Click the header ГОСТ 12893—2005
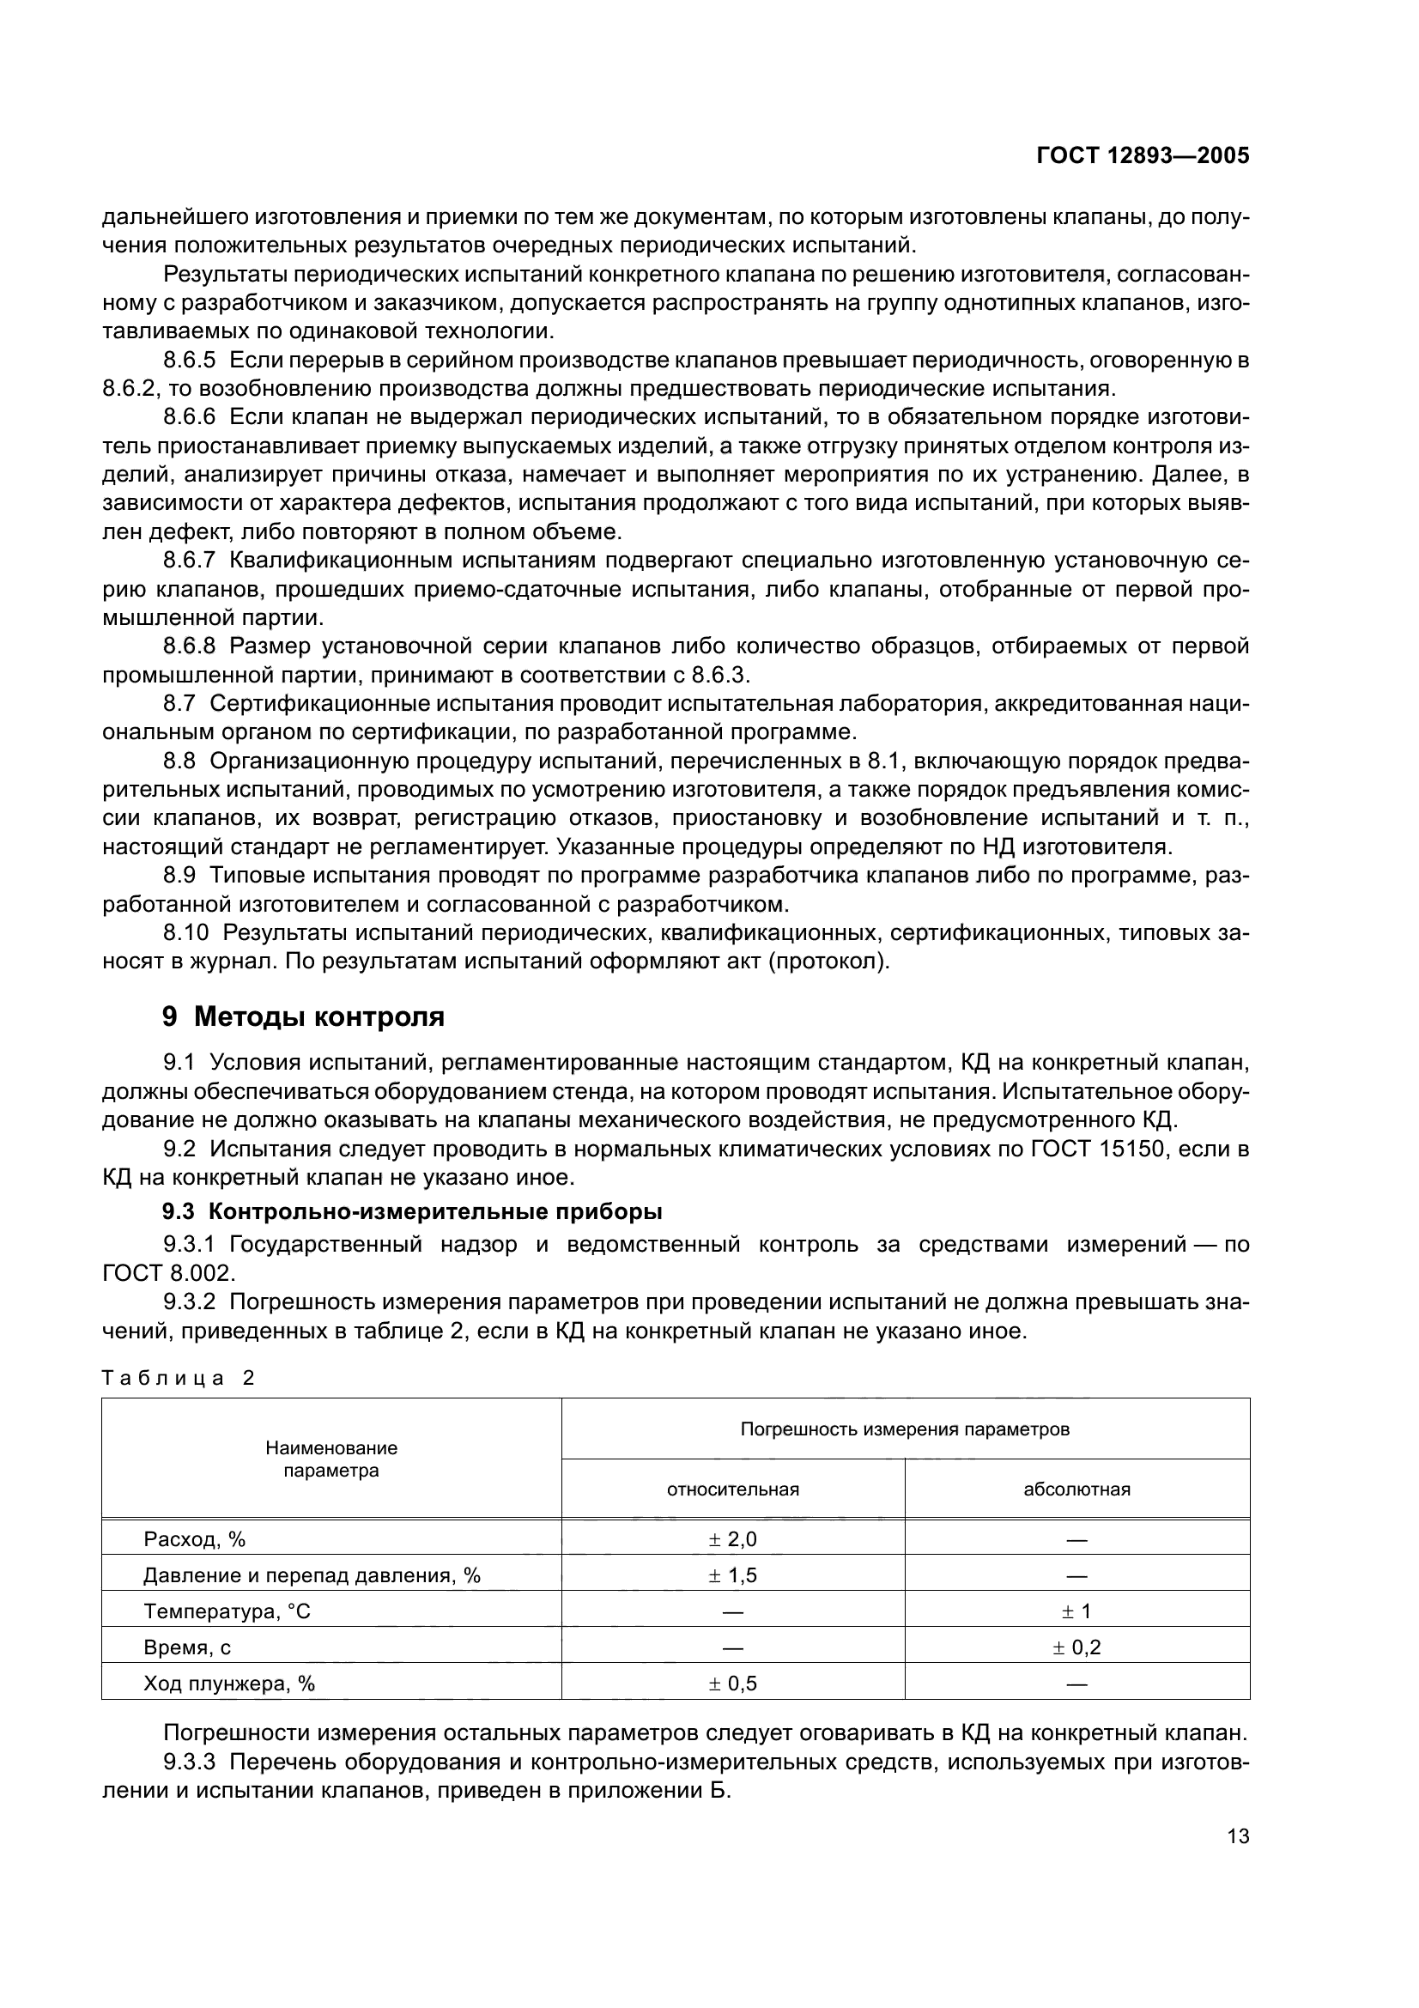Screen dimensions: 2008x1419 pos(1142,155)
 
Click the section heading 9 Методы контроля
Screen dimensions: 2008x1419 pos(303,1017)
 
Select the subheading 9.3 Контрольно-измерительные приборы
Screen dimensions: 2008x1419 pos(413,1212)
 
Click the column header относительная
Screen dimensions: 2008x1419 pos(732,1489)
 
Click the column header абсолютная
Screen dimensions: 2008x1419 pos(1076,1489)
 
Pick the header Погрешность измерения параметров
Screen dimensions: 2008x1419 pos(905,1429)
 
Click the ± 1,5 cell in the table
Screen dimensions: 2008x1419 pos(732,1576)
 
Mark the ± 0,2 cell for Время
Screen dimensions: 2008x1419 pos(1076,1647)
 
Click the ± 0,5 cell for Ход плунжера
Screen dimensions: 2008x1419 pos(732,1683)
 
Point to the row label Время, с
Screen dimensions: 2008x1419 pos(187,1647)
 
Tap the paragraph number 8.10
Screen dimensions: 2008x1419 pos(185,933)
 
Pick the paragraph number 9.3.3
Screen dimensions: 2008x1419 pos(189,1762)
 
